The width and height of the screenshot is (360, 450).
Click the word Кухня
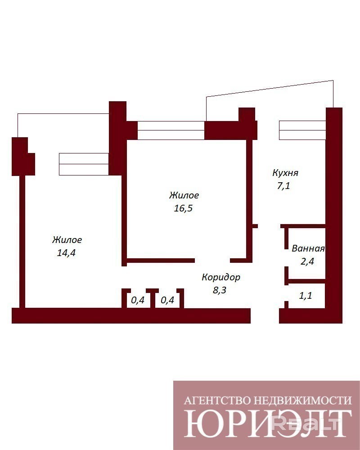click(x=285, y=173)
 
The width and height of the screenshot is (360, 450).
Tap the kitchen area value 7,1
click(x=283, y=186)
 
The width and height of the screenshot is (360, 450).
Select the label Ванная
click(x=308, y=248)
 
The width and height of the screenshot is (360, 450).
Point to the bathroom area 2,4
click(x=307, y=261)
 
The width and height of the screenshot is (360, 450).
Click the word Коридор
click(x=221, y=277)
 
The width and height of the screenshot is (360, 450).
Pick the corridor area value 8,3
click(x=219, y=290)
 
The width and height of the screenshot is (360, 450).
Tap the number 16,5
click(x=183, y=208)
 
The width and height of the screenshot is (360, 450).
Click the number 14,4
click(x=66, y=253)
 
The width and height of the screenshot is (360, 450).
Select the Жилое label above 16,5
click(x=184, y=195)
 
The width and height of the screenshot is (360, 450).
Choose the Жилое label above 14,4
click(x=67, y=240)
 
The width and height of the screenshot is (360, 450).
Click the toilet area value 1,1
click(x=305, y=295)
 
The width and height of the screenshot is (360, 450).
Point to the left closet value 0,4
click(x=138, y=300)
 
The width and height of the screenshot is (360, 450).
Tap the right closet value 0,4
click(x=167, y=300)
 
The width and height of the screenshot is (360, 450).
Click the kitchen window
click(x=302, y=130)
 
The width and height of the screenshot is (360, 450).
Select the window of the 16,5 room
click(x=171, y=130)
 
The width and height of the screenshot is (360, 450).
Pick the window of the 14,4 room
click(x=84, y=164)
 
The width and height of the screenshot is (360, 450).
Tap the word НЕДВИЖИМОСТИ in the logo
click(x=303, y=400)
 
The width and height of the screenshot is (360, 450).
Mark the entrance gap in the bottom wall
click(x=265, y=316)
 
